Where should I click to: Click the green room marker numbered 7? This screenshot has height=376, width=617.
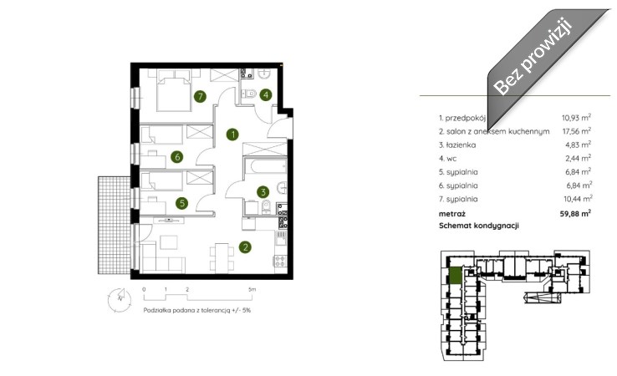200,96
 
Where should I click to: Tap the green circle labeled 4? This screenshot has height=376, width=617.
266,94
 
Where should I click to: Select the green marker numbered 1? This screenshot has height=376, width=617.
232,135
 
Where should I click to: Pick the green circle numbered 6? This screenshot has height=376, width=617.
177,157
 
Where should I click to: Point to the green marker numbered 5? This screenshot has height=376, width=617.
181,203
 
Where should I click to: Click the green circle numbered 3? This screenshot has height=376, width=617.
263,192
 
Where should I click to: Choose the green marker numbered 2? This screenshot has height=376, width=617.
245,247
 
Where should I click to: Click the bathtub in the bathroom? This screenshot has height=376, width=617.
265,166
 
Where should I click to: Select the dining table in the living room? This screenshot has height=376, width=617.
222,257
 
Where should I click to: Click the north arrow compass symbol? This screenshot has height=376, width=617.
120,300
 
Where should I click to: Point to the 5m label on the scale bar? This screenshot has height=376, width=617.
252,289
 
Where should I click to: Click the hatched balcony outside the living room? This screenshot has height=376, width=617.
114,225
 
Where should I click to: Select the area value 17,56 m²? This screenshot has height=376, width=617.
577,131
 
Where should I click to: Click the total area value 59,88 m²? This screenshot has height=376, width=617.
575,214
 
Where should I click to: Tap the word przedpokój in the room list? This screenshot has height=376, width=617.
466,118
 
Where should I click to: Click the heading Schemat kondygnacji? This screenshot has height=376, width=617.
479,226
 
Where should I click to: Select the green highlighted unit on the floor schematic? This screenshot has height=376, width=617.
455,275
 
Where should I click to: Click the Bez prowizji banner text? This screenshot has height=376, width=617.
533,55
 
